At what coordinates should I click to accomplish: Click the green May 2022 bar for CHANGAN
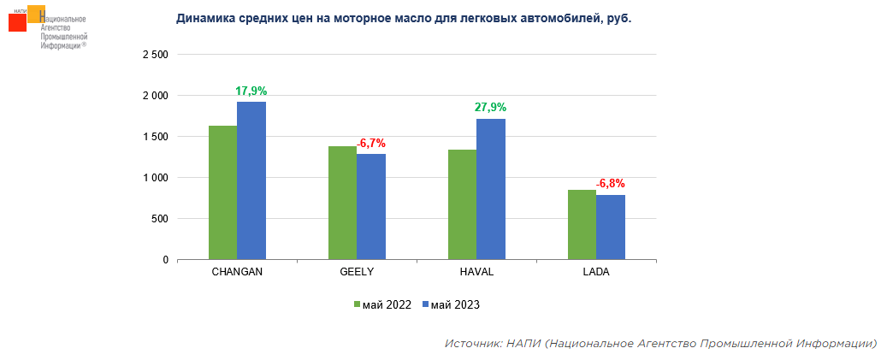pos(222,192)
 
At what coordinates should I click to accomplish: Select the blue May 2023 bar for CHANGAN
pos(251,180)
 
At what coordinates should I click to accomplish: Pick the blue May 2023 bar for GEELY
pos(371,206)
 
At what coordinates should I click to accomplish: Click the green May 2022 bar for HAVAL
pos(462,204)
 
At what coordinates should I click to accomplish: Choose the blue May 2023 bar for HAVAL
pos(491,189)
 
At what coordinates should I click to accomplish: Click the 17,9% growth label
pos(251,91)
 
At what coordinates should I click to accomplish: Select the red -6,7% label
pos(371,143)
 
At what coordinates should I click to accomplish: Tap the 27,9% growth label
pos(491,108)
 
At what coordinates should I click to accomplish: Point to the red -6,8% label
pos(611,184)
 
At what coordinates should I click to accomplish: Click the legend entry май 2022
pos(383,304)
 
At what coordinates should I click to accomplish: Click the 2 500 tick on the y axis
pos(154,55)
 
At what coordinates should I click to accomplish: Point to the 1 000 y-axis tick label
pos(154,178)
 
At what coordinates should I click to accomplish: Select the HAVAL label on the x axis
pos(476,272)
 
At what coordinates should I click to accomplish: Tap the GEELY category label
pos(357,272)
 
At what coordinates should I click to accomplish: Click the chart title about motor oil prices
pos(404,18)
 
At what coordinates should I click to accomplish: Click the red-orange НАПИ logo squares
pos(24,19)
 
